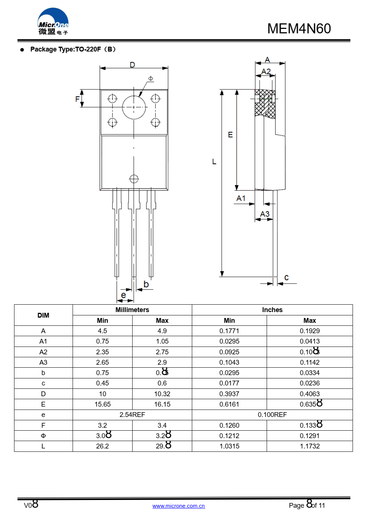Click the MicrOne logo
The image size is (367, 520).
[x=53, y=22]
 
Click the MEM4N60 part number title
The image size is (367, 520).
[x=299, y=29]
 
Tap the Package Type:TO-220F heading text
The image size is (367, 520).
[x=73, y=49]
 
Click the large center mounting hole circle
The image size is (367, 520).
[x=134, y=107]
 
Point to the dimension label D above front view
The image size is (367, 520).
[x=132, y=65]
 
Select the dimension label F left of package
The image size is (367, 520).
[x=77, y=99]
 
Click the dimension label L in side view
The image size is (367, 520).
[x=214, y=162]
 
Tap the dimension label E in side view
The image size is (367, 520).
[x=230, y=135]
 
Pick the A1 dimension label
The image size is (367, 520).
[x=241, y=198]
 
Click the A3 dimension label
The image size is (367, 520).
[x=265, y=214]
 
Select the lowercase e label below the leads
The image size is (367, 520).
[x=124, y=295]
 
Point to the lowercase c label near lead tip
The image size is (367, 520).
[x=286, y=277]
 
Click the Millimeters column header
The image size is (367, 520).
[x=132, y=310]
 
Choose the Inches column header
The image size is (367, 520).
[x=272, y=310]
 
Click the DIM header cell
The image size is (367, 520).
[x=43, y=315]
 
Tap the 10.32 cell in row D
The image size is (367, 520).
[x=162, y=394]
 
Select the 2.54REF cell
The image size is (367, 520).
[x=132, y=415]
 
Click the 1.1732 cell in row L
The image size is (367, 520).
[x=310, y=446]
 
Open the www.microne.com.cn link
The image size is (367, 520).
[x=179, y=506]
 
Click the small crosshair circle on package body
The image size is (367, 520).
[x=134, y=179]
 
